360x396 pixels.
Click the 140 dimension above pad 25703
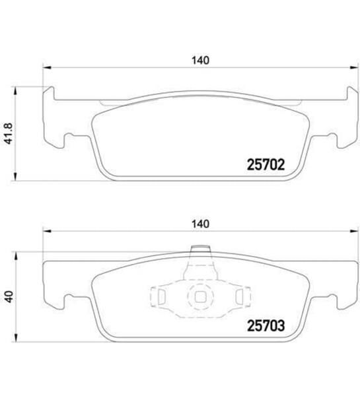(x=201, y=224)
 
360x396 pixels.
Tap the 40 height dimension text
(x=8, y=296)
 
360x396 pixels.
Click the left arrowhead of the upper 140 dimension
(x=46, y=67)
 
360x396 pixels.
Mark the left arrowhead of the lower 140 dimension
(x=46, y=230)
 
